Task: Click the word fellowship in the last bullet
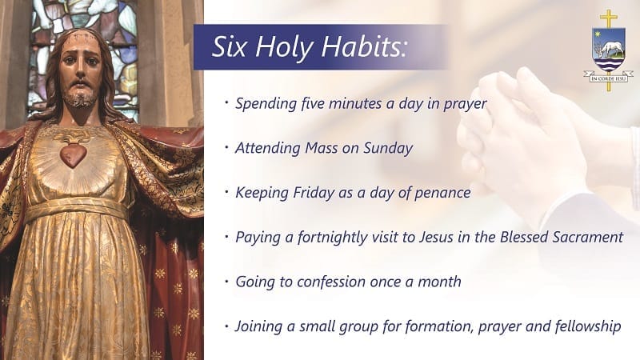[582, 326]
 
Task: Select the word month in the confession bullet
[441, 282]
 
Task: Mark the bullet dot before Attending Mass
[227, 148]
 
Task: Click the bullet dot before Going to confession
[227, 282]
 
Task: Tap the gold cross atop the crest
[608, 18]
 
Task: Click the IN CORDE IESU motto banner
[608, 78]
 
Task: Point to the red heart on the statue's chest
[74, 154]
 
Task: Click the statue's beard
[78, 98]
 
